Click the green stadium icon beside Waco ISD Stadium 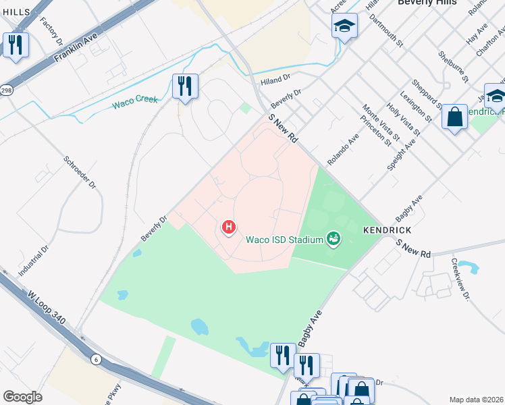(x=332, y=238)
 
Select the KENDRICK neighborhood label (x=387, y=230)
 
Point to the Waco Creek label (x=135, y=101)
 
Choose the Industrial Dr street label (x=34, y=260)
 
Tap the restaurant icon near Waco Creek (x=184, y=86)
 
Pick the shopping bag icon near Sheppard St (x=455, y=116)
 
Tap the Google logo (x=22, y=397)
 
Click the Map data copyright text (x=477, y=400)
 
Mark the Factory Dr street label (x=51, y=32)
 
